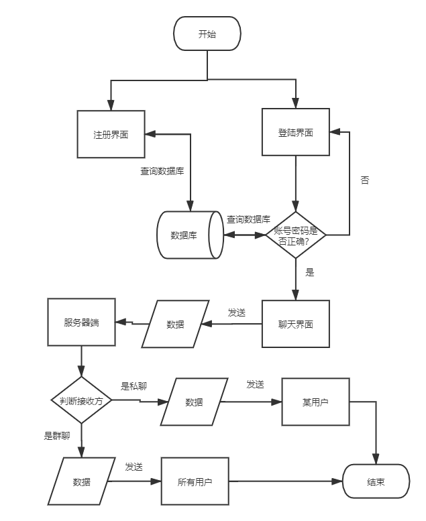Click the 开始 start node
pos(207,34)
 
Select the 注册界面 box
pos(111,135)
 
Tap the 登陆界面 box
pos(295,132)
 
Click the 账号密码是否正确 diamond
pos(295,235)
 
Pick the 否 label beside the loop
pos(365,180)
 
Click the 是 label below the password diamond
pos(310,272)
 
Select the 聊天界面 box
pos(295,324)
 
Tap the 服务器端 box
pos(81,323)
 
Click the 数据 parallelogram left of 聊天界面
pos(175,324)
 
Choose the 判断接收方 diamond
pos(81,400)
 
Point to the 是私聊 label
pos(134,386)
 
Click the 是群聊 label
pos(57,436)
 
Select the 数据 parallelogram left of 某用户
pos(194,402)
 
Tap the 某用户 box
pos(315,402)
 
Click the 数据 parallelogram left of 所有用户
pos(81,481)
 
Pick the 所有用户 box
pos(195,481)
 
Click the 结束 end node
pos(376,481)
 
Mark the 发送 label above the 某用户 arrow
pos(255,384)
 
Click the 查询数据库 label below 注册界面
pos(162,171)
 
